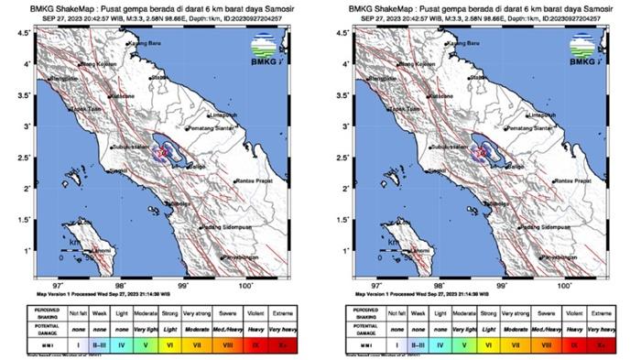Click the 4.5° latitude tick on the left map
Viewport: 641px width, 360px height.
coord(33,33)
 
